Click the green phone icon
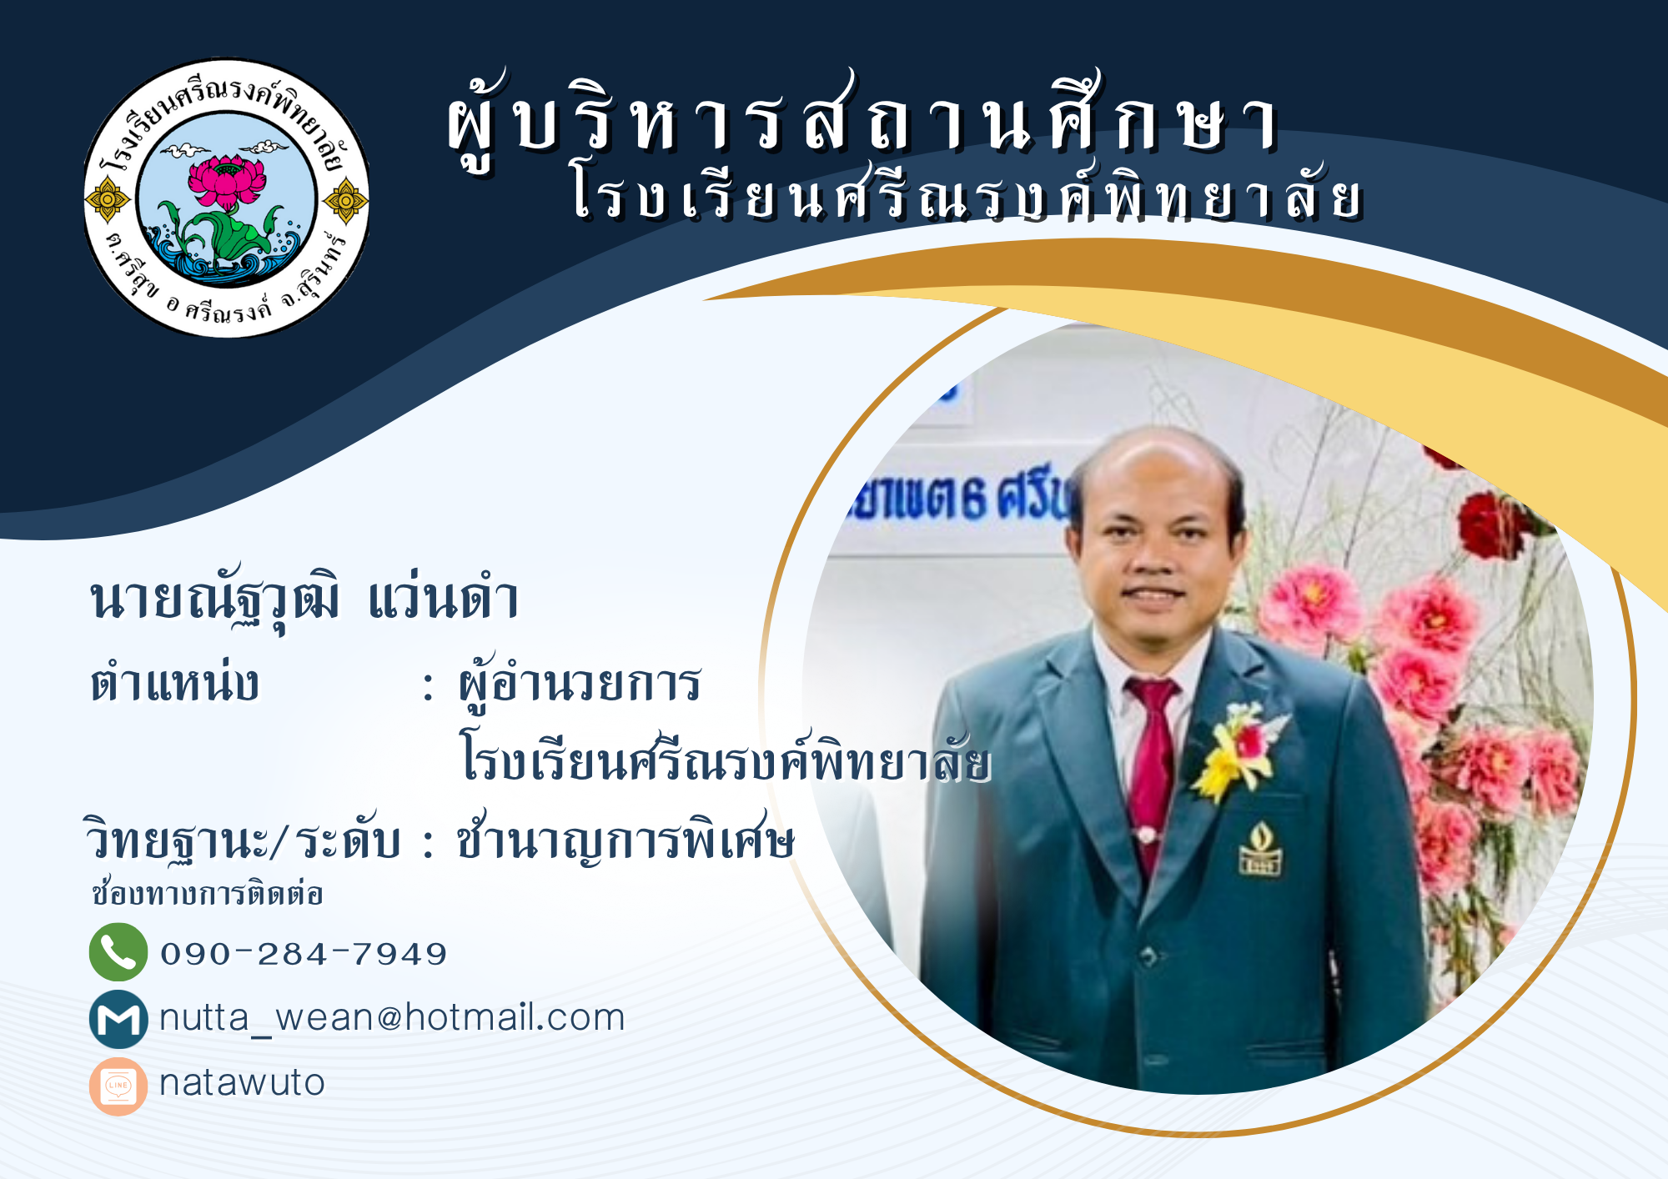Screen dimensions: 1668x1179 pos(118,952)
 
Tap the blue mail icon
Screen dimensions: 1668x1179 pos(118,1019)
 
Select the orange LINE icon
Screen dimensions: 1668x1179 pos(118,1086)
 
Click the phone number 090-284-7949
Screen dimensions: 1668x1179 pos(304,953)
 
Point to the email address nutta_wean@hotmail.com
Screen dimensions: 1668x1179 pos(392,1018)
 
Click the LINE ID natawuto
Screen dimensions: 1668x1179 pos(242,1083)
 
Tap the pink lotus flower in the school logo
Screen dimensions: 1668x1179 pos(227,181)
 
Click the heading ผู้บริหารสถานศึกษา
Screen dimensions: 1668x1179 pos(863,121)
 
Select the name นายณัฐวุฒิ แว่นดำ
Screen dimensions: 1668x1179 pos(304,600)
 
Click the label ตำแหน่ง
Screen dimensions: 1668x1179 pos(175,683)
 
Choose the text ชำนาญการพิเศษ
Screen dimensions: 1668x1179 pos(625,838)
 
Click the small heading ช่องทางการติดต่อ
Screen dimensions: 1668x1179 pos(207,892)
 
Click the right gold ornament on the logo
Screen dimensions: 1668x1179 pos(345,200)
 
